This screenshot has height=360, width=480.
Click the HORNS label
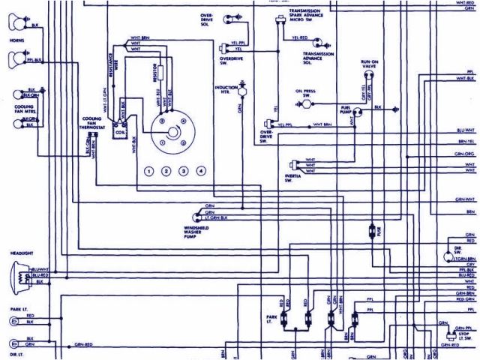16,38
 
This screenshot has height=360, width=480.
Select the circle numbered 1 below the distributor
149,172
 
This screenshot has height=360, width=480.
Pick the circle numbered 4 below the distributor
201,172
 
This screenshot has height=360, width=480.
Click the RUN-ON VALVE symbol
367,79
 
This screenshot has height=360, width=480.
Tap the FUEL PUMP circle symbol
359,112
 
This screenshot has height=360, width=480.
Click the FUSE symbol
372,233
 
